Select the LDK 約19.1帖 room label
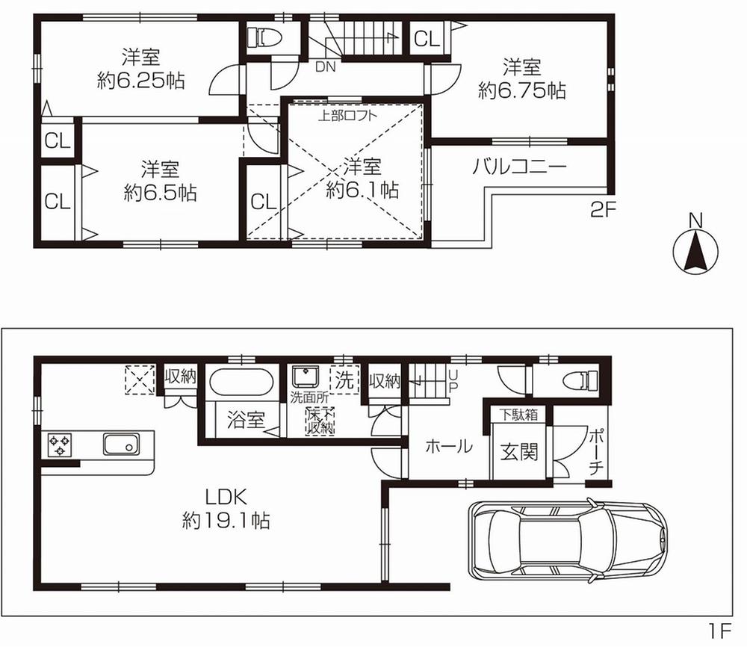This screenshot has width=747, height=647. [x=226, y=507]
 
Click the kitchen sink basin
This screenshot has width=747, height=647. [x=120, y=446]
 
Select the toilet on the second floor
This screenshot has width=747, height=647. [x=261, y=36]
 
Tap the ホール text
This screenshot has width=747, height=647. [x=448, y=447]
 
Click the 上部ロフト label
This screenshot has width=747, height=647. [x=348, y=116]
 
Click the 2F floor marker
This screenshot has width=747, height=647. [x=602, y=211]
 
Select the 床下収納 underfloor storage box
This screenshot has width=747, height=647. [x=319, y=421]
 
